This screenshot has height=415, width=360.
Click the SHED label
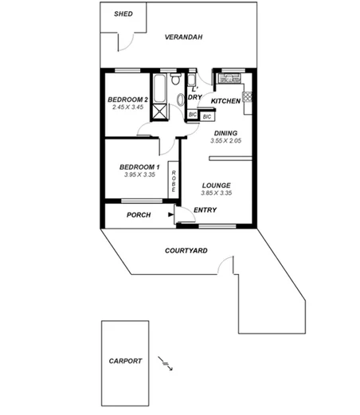[x=123, y=14]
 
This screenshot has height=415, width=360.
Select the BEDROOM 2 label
[x=127, y=99]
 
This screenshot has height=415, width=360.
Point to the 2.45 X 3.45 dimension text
[x=127, y=107]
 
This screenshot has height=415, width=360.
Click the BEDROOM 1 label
[x=139, y=166]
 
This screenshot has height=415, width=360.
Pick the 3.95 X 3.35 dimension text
[x=139, y=174]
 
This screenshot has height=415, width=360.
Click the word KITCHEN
[x=225, y=102]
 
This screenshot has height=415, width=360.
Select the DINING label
[x=225, y=133]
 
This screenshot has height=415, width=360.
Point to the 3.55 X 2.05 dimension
[x=225, y=141]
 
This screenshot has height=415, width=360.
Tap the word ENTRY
[x=205, y=210]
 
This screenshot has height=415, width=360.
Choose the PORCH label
[x=139, y=214]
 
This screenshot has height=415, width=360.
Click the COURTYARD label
[x=186, y=250]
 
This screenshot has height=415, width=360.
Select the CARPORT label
[x=125, y=361]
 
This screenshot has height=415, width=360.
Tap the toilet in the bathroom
[x=181, y=99]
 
